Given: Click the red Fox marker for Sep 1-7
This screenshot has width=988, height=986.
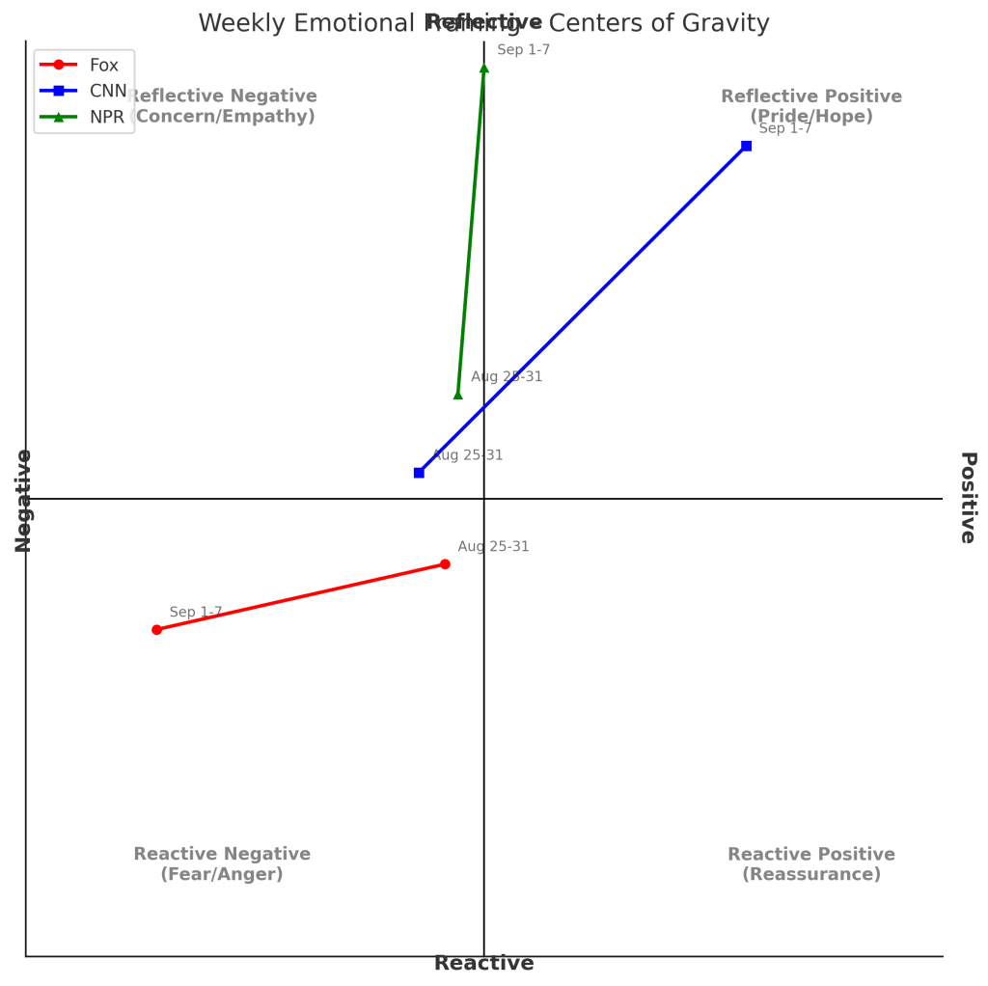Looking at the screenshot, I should click(156, 629).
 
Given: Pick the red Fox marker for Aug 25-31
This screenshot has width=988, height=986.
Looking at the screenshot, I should click(445, 564).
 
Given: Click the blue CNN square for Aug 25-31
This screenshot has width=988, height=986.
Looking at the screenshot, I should click(419, 473).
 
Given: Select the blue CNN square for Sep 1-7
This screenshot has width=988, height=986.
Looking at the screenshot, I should click(746, 146).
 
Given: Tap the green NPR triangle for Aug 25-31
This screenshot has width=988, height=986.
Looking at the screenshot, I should click(458, 394).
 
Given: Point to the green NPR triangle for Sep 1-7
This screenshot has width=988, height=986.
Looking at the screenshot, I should click(483, 68).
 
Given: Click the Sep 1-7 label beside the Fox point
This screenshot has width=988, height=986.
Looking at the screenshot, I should click(196, 613).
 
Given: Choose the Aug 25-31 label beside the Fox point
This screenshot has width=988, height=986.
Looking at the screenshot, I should click(493, 547).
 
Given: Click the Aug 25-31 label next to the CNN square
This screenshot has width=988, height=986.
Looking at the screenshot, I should click(467, 455).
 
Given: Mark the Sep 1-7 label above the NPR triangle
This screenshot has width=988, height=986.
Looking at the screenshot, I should click(523, 50).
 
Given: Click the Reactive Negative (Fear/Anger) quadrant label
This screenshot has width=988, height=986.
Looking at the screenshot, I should click(222, 864).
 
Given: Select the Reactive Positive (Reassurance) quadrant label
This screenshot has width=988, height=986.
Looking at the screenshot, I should click(810, 864).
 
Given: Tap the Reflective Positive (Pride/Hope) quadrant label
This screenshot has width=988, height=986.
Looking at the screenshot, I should click(810, 106).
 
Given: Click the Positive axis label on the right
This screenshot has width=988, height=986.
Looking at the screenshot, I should click(968, 498).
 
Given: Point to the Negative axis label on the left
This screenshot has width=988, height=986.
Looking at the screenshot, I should click(23, 500).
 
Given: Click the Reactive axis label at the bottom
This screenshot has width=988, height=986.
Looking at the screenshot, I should click(483, 963).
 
